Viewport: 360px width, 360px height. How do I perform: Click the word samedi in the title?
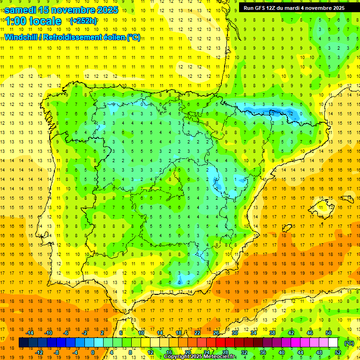(23, 10)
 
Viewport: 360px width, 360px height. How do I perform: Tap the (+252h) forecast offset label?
(83, 21)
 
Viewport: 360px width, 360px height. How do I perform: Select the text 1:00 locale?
(33, 21)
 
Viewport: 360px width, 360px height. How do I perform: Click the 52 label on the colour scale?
(337, 352)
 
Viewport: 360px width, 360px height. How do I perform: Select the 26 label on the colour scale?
(216, 333)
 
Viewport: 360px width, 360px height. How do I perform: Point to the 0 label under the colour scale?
(93, 352)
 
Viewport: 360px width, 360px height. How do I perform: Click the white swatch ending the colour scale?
(333, 343)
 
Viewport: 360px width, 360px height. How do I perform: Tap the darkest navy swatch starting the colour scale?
(23, 343)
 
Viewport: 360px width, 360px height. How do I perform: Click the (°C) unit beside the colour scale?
(349, 343)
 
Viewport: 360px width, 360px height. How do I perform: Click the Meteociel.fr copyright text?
(199, 357)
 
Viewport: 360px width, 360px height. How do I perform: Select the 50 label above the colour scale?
(329, 333)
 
